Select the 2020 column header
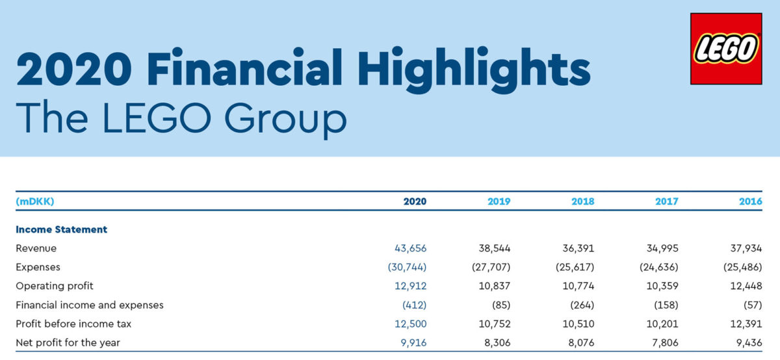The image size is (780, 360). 415,201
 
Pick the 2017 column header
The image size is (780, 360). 667,201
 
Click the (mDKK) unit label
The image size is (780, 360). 34,201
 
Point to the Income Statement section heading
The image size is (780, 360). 61,229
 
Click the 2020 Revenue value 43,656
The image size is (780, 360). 411,248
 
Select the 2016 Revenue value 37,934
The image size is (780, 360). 745,248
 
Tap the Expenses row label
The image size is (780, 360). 38,267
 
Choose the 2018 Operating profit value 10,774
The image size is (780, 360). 578,286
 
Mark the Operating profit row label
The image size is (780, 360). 55,286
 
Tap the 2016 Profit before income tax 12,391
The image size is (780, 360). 746,324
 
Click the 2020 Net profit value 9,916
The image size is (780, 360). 413,342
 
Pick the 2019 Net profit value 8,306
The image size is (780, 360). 497,342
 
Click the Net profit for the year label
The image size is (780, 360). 68,342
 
